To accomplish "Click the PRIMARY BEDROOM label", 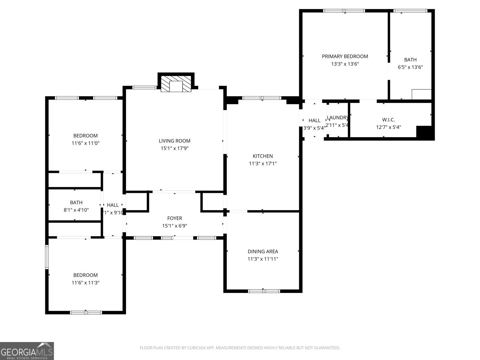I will [345, 56].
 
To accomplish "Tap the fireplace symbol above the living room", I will [176, 84].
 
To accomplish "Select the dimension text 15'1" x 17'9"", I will [174, 148].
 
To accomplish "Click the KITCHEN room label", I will [262, 156].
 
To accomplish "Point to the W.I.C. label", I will [388, 120].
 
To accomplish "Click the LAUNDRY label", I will [337, 118].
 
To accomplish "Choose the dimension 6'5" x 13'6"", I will [410, 67].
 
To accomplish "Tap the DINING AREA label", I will [262, 251].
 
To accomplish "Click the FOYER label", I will [174, 218].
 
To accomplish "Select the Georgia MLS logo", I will [27, 351].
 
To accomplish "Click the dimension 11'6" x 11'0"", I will [85, 143].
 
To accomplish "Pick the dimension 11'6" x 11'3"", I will [85, 283].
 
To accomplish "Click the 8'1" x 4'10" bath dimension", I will [76, 210].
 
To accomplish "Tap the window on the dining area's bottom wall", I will [264, 291].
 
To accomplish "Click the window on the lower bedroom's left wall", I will [47, 257].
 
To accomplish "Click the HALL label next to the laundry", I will [314, 121].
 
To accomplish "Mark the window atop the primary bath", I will [410, 11].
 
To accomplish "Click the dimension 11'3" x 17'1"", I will [262, 163].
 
